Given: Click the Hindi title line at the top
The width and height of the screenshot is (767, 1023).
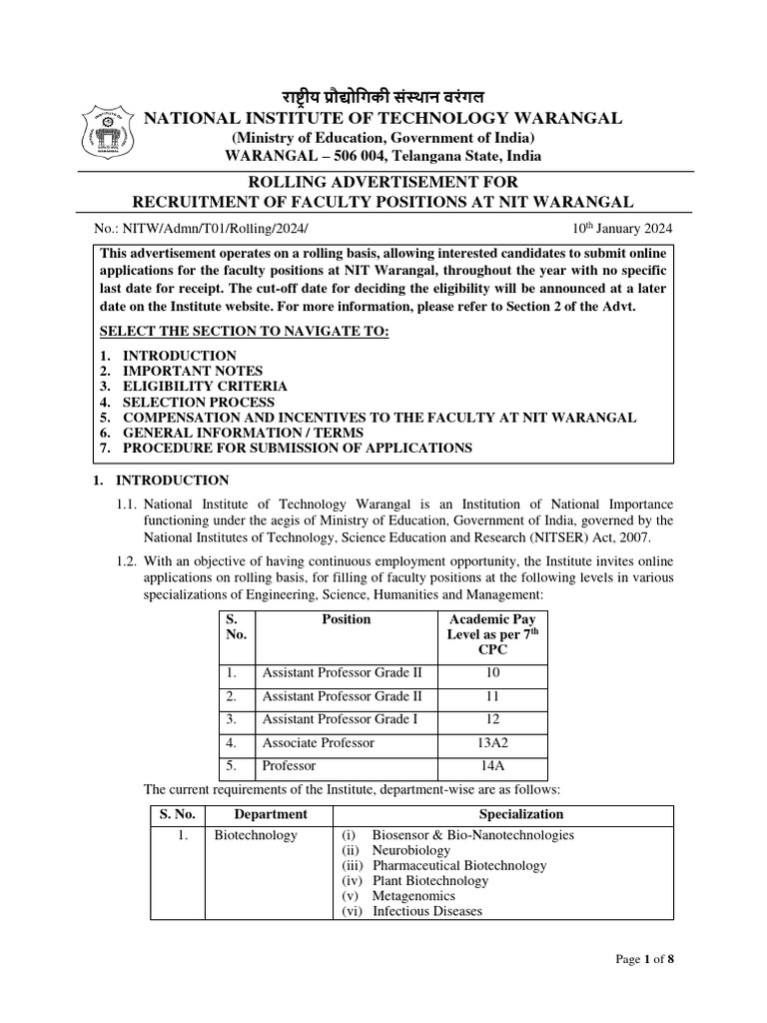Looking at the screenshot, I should click(x=383, y=97).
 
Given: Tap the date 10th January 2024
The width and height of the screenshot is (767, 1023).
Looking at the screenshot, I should click(x=623, y=229).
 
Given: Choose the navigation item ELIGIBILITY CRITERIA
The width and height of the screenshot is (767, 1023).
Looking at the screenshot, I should click(x=204, y=386).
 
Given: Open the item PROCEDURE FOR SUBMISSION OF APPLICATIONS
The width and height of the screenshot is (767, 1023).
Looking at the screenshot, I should click(x=297, y=448).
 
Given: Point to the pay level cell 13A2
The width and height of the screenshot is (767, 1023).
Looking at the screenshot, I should click(x=492, y=742).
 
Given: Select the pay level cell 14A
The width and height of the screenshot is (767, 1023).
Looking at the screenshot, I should click(x=492, y=765).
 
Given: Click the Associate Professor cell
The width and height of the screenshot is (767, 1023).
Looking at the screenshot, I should click(x=318, y=742).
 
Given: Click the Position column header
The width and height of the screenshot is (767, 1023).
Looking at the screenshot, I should click(x=346, y=619).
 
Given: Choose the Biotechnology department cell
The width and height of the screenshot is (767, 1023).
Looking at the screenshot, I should click(x=256, y=835).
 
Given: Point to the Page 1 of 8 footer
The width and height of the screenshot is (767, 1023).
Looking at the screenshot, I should click(x=645, y=960).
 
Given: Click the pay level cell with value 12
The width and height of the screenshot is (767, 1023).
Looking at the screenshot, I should click(x=492, y=719).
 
